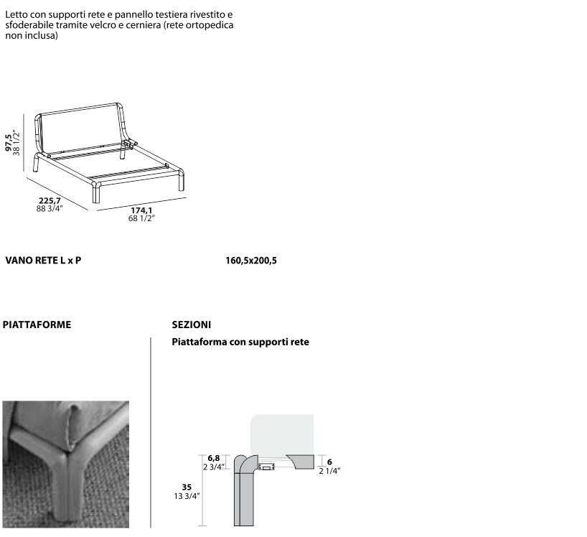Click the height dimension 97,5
coord(8,142)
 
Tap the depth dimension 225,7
coord(50,201)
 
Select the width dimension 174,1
coord(141,210)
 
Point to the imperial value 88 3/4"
coord(50,209)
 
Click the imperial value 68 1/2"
coord(141,218)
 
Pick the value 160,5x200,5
coord(251,261)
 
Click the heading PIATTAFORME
coord(37,324)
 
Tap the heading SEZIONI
coord(192,324)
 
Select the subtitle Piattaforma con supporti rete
coord(240,342)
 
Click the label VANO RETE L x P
coord(43,261)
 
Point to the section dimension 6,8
coord(214,458)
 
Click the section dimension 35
coord(187,487)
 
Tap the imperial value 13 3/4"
coord(187,496)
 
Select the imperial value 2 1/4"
coord(329,471)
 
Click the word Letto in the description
coord(16,14)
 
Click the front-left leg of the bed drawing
coord(97,192)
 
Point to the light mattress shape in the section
coord(282,434)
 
